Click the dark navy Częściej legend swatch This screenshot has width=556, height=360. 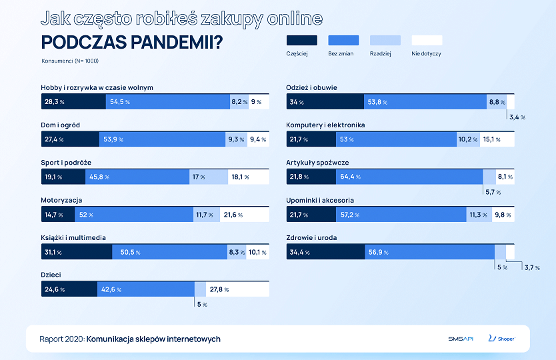(301, 40)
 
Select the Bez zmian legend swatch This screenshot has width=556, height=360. (343, 40)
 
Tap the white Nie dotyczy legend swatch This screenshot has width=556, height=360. (427, 40)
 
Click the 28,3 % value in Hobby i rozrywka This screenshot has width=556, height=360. (54, 102)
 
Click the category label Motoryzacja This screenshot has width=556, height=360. (61, 200)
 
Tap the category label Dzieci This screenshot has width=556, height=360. (51, 275)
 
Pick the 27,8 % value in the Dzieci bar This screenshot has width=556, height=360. (219, 290)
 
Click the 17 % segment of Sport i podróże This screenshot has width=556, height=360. (198, 177)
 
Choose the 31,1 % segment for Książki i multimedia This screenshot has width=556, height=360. (54, 253)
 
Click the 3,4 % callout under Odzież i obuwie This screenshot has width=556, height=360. (517, 117)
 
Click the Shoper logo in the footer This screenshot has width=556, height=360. (501, 339)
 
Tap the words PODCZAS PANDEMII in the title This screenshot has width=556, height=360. (132, 41)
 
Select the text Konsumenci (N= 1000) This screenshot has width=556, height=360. (70, 61)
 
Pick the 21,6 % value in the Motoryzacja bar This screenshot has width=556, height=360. (233, 215)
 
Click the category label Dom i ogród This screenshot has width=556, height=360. (61, 125)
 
